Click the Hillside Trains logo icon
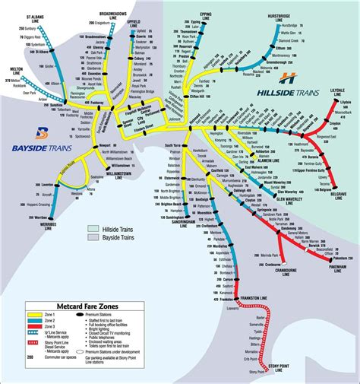tap(287, 77)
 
